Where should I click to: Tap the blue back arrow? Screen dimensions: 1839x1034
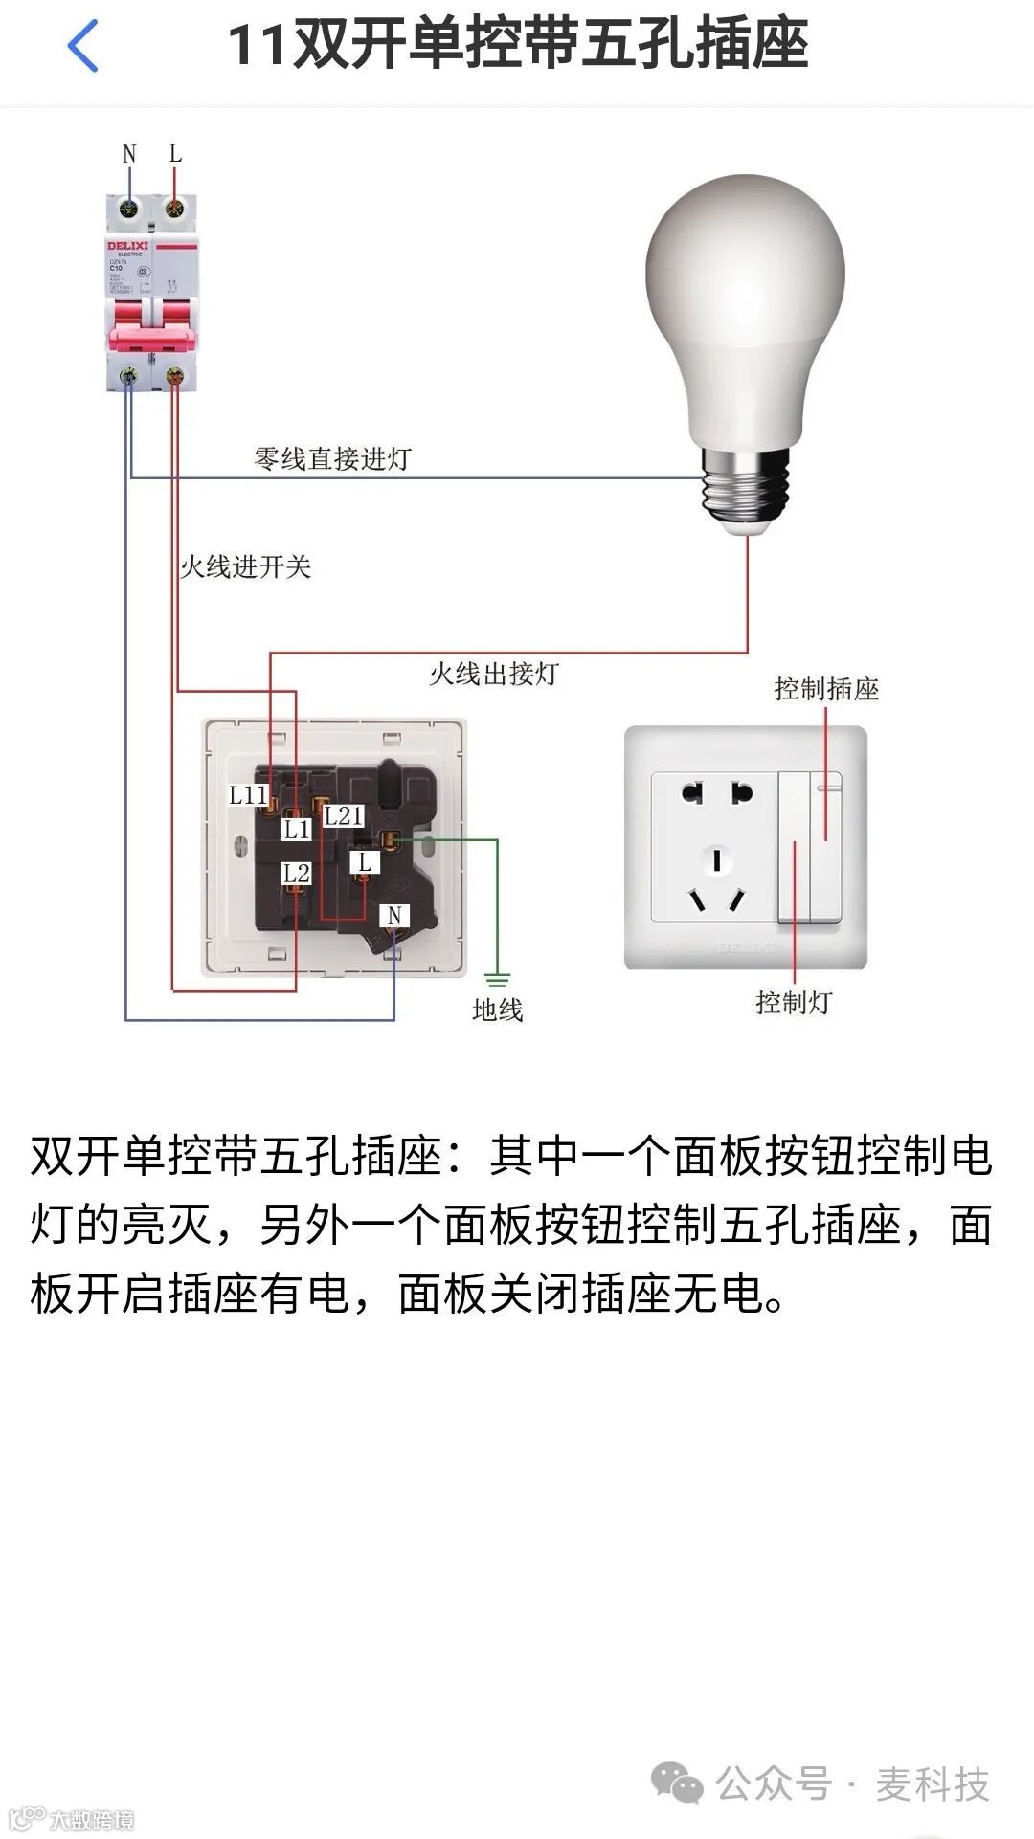point(83,45)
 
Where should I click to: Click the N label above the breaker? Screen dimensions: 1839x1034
point(129,154)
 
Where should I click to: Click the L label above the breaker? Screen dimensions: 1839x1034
point(175,153)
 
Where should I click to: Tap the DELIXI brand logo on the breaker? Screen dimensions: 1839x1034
point(127,246)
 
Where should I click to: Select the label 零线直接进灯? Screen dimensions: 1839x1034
point(332,459)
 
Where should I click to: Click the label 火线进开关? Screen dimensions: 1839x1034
point(246,566)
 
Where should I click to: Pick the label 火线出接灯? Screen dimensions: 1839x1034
point(493,674)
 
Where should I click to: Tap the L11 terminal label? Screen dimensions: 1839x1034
point(247,795)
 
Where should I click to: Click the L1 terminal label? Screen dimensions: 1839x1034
point(297,829)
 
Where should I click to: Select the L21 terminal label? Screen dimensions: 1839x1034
point(344,816)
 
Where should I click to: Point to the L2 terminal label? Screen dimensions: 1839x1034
point(297,873)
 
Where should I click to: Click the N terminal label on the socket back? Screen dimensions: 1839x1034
point(394,916)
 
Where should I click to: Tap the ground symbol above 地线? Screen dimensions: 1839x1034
point(497,980)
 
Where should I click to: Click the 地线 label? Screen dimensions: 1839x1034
point(497,1009)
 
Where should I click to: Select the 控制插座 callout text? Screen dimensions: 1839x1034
point(826,689)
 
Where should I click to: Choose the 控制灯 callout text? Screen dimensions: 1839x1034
point(794,1003)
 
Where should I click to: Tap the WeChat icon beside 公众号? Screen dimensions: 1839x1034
point(677,1784)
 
